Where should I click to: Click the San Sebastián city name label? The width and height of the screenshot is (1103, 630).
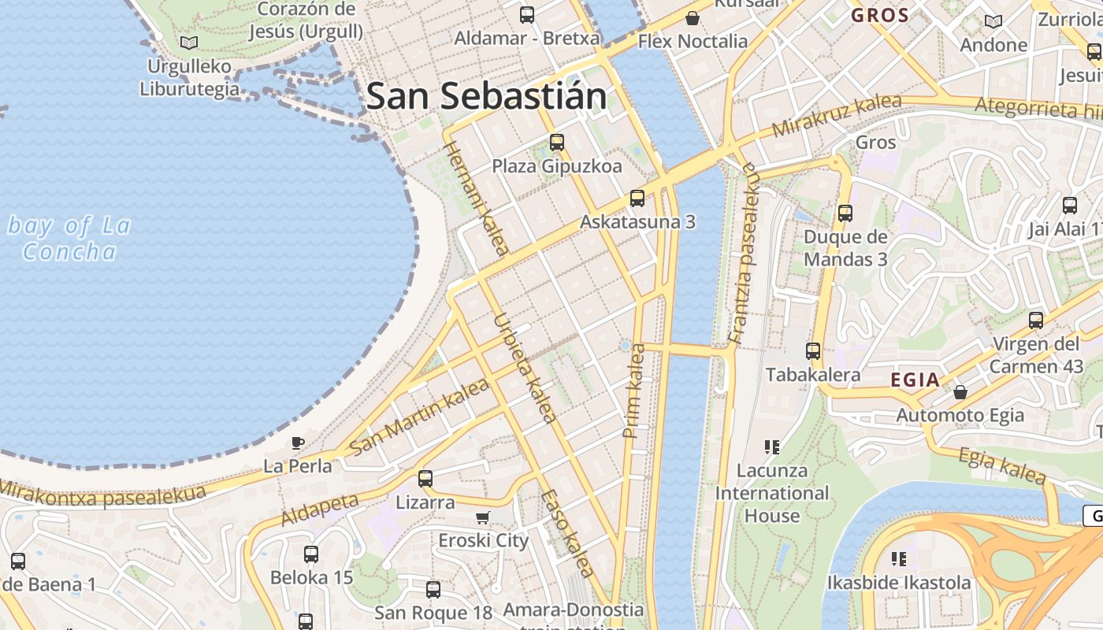coord(486,97)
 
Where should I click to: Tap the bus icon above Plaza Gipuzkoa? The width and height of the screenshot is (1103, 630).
coord(557,143)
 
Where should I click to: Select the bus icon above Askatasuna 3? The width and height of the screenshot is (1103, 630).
coord(637,198)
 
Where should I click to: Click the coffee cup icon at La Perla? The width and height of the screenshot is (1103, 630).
coord(297,443)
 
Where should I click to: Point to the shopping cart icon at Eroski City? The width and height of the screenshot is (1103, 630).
coord(483,517)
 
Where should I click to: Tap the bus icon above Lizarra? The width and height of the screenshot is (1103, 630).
coord(425,478)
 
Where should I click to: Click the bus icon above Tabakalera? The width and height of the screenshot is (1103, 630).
coord(813,351)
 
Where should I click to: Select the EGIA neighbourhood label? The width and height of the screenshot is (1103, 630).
coord(915,380)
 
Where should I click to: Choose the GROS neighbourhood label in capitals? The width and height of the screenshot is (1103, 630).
coord(880,15)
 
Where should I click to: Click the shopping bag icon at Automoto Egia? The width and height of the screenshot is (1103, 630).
coord(960,391)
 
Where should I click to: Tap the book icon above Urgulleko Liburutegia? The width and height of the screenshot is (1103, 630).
coord(188,43)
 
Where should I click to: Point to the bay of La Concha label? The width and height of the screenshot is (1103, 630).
coord(69,239)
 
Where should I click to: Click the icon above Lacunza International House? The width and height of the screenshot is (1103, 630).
coord(771,447)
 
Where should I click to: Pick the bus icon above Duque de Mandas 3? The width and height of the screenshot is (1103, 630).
coord(845,213)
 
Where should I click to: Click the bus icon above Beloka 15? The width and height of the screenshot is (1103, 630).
coord(311,554)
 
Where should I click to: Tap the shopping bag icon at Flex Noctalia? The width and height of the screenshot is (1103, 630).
coord(693,17)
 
